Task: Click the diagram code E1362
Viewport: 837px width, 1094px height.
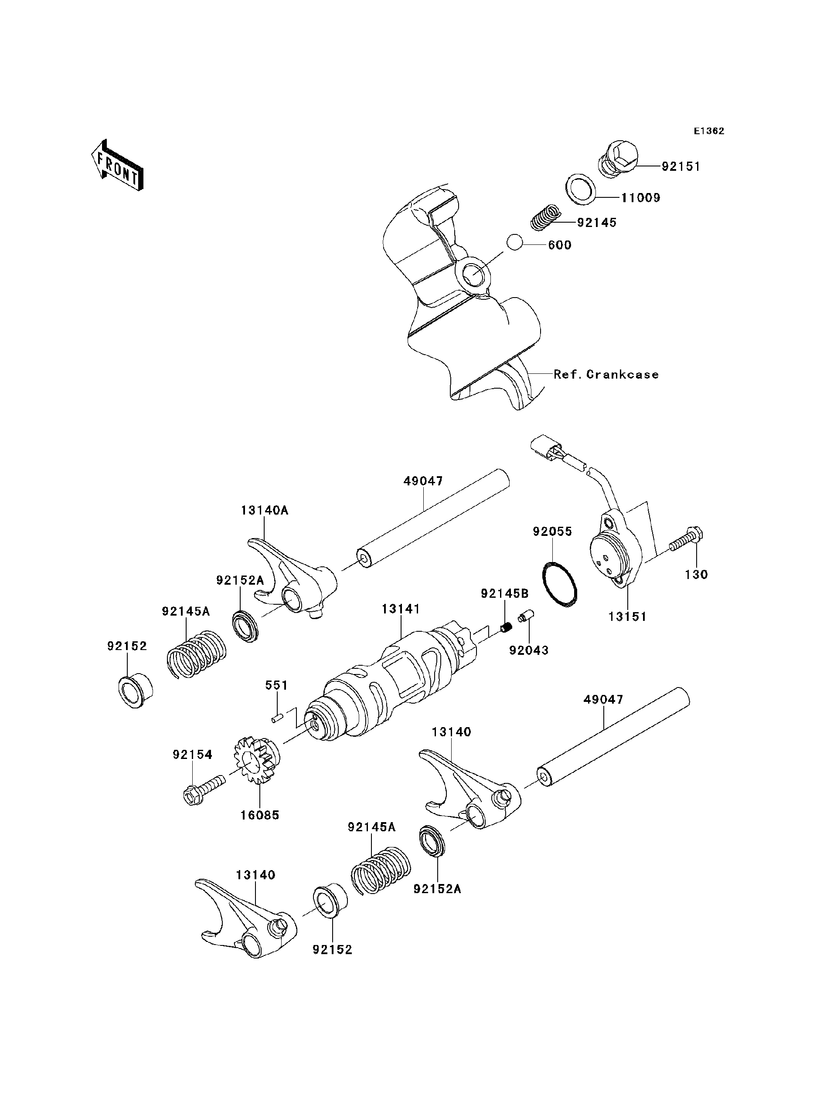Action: coord(709,131)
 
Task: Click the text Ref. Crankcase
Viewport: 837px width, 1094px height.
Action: coord(606,374)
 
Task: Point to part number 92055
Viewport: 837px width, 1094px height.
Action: coord(552,531)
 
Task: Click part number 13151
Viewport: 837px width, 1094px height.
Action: coord(627,616)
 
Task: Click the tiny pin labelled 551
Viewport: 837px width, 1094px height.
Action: coord(277,718)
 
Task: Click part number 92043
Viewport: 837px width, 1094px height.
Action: coord(529,650)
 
